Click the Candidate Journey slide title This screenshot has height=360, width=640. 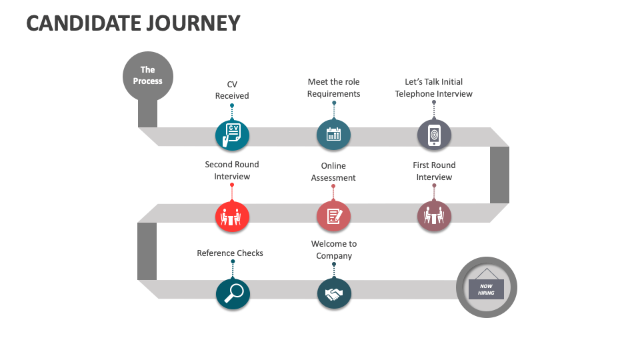pos(133,23)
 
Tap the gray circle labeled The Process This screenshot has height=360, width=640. pos(147,75)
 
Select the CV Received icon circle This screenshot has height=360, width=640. pos(232,135)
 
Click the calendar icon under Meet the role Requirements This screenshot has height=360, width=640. pos(333,135)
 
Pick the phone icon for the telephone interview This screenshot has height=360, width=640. pos(434,135)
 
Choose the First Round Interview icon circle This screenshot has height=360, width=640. pos(434,216)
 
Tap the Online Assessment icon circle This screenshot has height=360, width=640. pos(333,216)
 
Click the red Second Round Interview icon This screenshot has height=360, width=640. pos(232,216)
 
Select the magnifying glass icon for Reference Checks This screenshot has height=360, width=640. pos(233,293)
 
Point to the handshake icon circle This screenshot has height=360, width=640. pos(333,293)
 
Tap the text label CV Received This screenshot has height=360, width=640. pos(232,90)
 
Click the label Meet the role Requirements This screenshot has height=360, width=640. pos(333,88)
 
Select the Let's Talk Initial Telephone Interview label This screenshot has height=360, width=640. pos(433,88)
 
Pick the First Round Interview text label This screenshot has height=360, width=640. pos(434,171)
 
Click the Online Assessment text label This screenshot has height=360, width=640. pos(333,172)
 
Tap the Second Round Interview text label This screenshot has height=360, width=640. pos(232,171)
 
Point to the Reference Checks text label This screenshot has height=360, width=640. pos(230,253)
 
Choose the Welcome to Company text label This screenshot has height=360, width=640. pos(334,250)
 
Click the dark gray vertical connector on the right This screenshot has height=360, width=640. pos(499,175)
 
